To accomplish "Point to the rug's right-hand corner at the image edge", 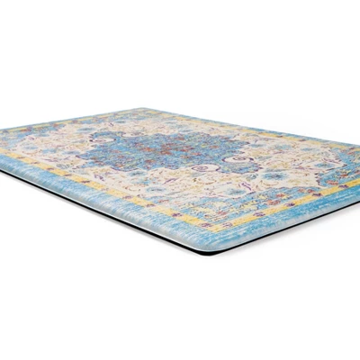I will point(356,180).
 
